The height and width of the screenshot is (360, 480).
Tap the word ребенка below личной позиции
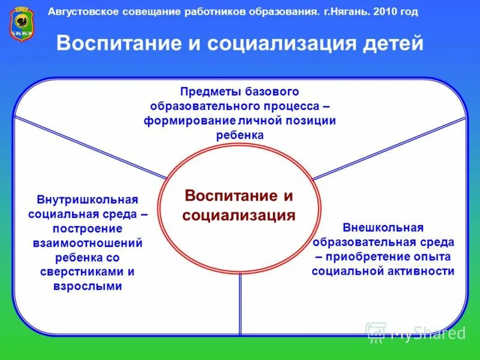[239, 135]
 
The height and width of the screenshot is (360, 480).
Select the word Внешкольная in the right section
[383, 228]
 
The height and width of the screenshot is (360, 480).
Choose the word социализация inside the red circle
[239, 215]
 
